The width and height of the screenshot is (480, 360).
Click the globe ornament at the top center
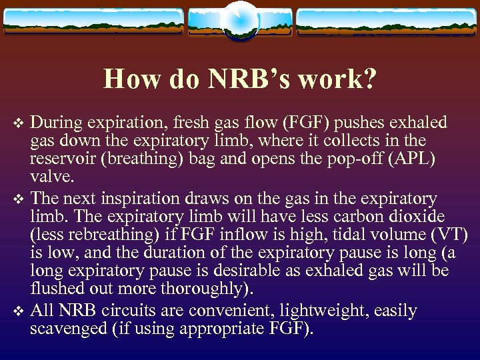(x=240, y=20)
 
